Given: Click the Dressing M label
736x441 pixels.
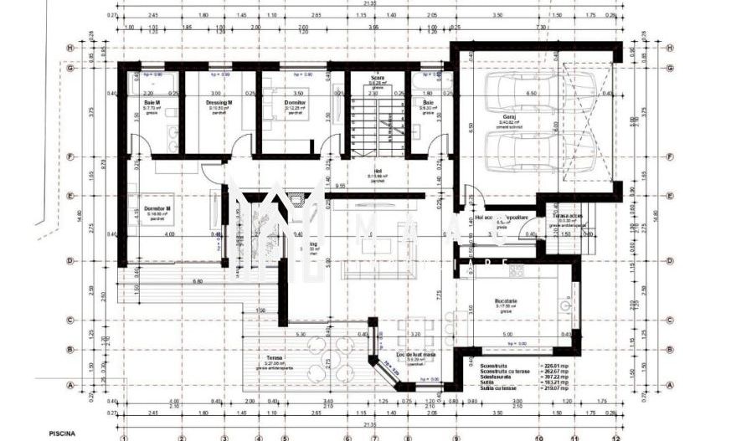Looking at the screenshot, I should point(219,103).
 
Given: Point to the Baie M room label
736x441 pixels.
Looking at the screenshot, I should point(152,103).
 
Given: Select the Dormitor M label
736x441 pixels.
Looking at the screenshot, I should point(157,208).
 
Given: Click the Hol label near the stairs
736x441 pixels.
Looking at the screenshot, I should point(378,172).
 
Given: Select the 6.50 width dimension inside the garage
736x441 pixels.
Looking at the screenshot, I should point(531,94).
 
